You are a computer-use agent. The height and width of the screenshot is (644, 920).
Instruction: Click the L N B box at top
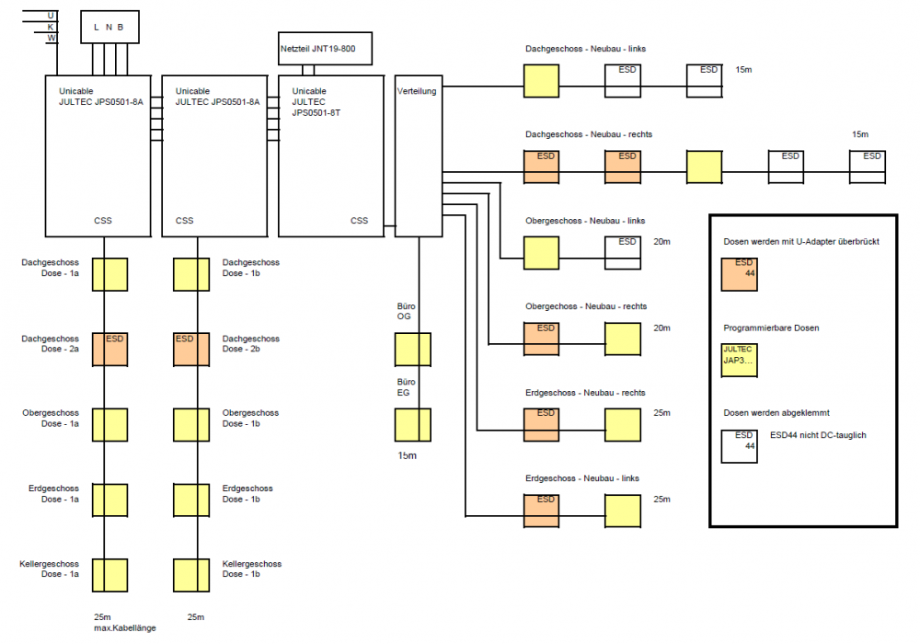(109, 27)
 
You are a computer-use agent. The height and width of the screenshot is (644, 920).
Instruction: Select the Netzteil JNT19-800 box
(325, 48)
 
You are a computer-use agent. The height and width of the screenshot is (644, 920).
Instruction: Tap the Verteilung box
(418, 155)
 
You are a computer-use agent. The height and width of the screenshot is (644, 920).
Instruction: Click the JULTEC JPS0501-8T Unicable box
(330, 155)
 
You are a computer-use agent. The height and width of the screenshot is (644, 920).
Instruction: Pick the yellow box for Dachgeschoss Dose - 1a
(109, 274)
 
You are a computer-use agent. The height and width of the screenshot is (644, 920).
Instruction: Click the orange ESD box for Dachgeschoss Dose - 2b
(191, 350)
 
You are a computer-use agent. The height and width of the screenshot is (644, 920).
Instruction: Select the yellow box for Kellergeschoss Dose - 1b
(191, 574)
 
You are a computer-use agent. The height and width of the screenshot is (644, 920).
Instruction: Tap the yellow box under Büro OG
(412, 350)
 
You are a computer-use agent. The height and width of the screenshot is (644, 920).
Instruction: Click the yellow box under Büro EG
(412, 425)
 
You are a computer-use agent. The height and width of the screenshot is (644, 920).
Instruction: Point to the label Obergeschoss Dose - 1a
(51, 419)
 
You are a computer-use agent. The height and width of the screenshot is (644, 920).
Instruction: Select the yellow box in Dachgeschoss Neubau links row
(542, 81)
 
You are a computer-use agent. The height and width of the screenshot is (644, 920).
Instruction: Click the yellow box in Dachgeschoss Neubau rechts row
(704, 167)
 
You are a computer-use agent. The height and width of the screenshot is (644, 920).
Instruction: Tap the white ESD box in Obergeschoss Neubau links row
(622, 252)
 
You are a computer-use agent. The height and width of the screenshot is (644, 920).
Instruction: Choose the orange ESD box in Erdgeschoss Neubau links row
(542, 511)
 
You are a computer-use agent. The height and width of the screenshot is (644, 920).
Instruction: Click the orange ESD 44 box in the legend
(739, 274)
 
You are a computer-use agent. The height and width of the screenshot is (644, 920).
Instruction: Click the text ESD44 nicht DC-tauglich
(817, 435)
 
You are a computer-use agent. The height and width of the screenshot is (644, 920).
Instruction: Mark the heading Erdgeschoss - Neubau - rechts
(585, 393)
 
